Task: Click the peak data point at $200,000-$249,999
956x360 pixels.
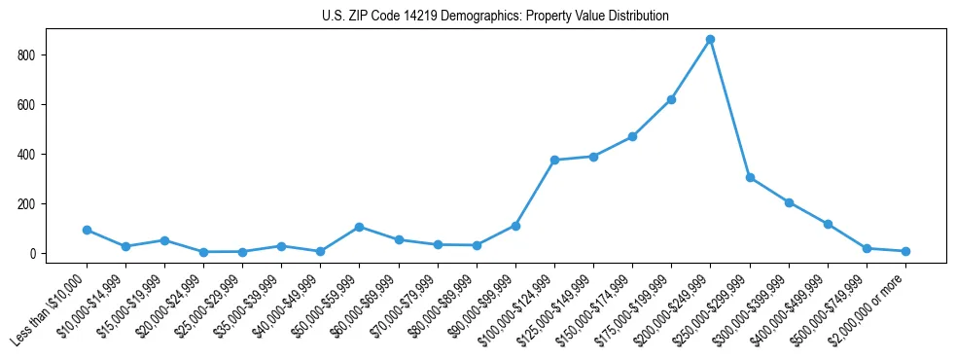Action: (710, 39)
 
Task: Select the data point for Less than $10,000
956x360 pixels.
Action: (87, 230)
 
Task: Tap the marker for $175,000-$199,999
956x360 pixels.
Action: (671, 99)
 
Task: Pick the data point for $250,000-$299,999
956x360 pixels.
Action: (750, 177)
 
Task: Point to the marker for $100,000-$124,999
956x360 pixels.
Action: (554, 160)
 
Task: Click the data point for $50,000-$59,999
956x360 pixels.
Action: (359, 227)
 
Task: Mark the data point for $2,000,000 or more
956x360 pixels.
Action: (905, 251)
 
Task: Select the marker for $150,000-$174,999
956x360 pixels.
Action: (632, 136)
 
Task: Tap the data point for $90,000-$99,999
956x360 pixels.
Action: (515, 226)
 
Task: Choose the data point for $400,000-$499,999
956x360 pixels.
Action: (828, 224)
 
